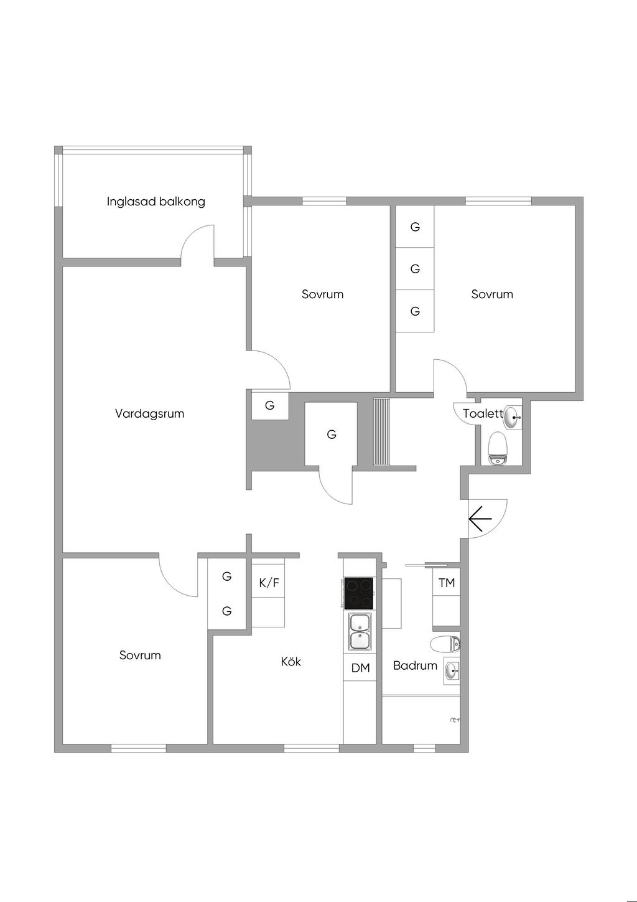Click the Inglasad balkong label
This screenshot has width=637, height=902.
(156, 202)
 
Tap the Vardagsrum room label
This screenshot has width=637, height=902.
(149, 413)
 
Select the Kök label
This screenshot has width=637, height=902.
(291, 661)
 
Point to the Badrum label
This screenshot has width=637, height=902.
(415, 665)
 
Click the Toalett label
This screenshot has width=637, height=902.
(483, 413)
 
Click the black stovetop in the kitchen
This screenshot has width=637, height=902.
(358, 593)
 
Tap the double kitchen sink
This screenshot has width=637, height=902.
(361, 631)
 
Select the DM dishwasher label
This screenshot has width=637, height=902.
(360, 668)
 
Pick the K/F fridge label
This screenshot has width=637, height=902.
(269, 583)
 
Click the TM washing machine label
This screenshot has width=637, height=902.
(447, 582)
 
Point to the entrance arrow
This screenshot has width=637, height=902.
(480, 519)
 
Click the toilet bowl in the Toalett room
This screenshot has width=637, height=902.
(498, 448)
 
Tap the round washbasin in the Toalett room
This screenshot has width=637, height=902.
(512, 418)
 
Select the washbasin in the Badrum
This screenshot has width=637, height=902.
(452, 671)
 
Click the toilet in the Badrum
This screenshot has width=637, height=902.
(445, 644)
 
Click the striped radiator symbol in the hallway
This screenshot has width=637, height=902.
(382, 432)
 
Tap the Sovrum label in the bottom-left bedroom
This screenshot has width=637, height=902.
(139, 655)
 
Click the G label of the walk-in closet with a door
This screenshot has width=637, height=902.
(331, 435)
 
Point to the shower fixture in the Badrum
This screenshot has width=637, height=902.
(455, 719)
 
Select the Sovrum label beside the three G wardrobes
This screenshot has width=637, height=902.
(491, 294)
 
